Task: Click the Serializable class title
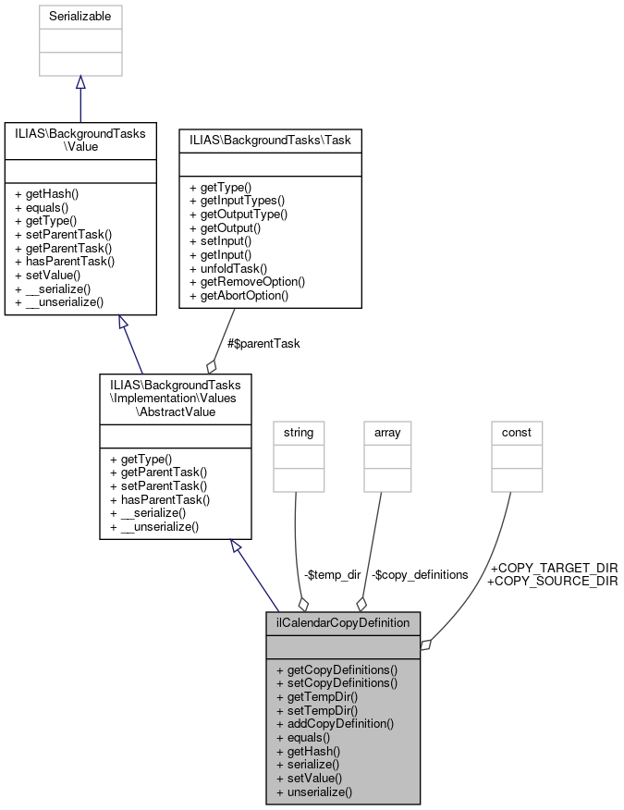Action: (x=80, y=17)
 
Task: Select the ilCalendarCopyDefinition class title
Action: (x=343, y=622)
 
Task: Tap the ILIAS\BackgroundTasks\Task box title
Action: (x=270, y=140)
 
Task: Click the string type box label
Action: (x=299, y=432)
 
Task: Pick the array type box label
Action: (x=387, y=432)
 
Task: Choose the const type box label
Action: (x=516, y=432)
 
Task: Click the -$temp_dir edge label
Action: (x=332, y=574)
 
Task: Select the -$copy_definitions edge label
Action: (x=420, y=574)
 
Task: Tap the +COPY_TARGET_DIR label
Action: (x=553, y=568)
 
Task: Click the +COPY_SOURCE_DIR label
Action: (x=553, y=581)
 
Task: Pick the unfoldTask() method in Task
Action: (x=229, y=268)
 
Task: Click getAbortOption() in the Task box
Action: (x=239, y=295)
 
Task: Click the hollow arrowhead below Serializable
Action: (x=80, y=82)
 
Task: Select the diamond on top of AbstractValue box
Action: (x=212, y=366)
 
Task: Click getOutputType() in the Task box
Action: (x=239, y=214)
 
